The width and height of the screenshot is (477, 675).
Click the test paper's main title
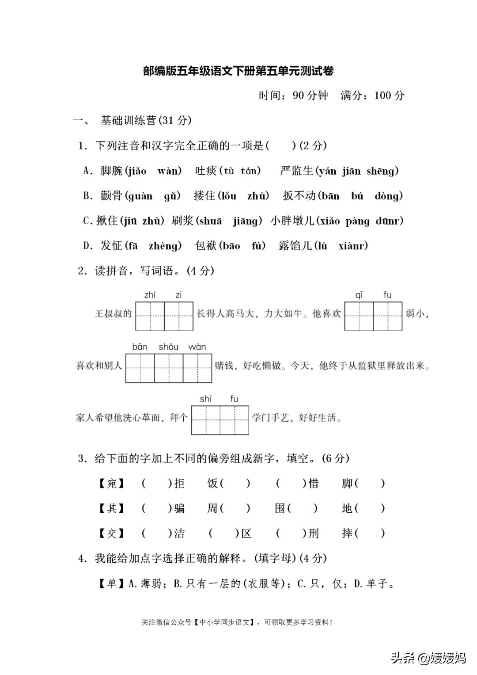[x=238, y=71]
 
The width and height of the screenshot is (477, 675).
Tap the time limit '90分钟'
[x=310, y=95]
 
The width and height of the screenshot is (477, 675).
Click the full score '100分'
[x=389, y=95]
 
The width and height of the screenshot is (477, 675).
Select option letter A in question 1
[x=87, y=171]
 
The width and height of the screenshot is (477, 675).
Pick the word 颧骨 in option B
[x=111, y=196]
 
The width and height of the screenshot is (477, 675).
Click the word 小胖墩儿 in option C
[x=291, y=221]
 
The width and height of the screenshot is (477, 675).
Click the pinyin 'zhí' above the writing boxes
[x=150, y=295]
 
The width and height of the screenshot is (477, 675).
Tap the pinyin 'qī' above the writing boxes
[x=359, y=295]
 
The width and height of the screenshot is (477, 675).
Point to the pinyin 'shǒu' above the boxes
[x=168, y=347]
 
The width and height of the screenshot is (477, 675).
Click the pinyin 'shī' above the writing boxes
[x=205, y=399]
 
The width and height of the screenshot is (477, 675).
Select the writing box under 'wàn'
[x=197, y=368]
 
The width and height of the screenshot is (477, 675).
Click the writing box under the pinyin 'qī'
[x=359, y=316]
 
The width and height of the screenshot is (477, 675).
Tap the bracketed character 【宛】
[x=112, y=483]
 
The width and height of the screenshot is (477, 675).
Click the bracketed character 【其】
[x=112, y=508]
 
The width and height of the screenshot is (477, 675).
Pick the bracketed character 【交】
[x=112, y=534]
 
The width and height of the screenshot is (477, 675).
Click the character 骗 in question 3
[x=179, y=508]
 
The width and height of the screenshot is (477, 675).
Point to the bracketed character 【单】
[x=112, y=584]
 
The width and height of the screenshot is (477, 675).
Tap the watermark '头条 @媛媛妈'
[x=428, y=658]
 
